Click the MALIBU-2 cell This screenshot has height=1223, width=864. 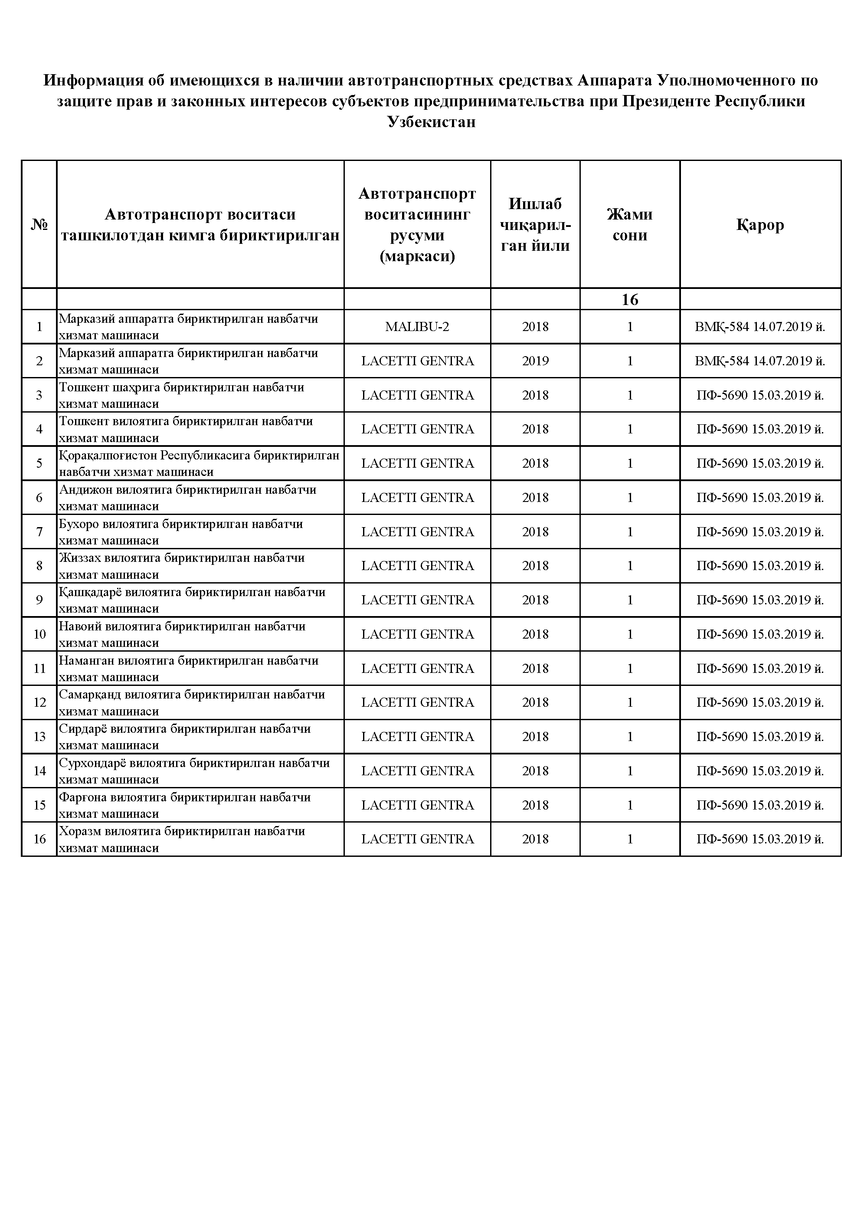417,327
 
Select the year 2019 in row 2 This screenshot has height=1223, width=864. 535,361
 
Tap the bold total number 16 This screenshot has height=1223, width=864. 630,299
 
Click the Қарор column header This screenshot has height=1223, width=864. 760,225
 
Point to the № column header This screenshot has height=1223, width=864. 39,225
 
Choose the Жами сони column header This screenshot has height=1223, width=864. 630,225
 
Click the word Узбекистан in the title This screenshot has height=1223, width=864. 432,122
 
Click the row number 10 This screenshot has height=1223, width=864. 39,634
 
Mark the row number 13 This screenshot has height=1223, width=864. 39,737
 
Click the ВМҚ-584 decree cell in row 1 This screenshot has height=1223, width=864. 760,327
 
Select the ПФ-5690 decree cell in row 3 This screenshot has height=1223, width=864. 760,395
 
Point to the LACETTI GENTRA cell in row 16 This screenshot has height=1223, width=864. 417,839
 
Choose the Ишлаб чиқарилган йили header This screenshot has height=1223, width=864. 535,225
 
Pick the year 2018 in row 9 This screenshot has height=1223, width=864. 535,600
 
